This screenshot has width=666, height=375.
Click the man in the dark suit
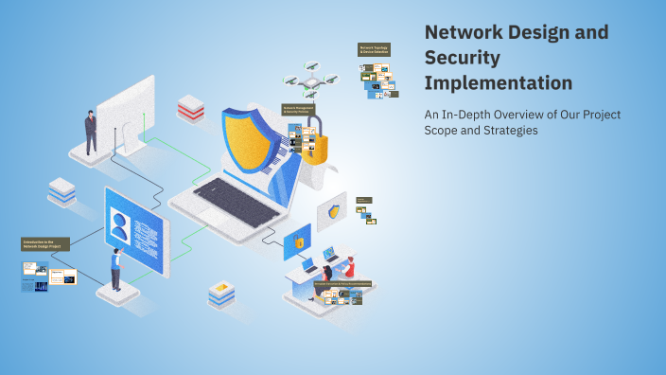[91, 132]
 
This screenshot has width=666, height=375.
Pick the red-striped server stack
[190, 108]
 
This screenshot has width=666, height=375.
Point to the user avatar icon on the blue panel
[120, 228]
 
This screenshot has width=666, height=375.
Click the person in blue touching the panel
[116, 269]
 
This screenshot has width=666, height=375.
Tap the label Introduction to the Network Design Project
[45, 243]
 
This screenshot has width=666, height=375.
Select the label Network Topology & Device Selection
[374, 49]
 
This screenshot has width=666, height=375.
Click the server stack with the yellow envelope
[221, 294]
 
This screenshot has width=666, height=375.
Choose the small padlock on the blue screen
[298, 241]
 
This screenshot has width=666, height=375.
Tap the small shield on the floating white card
[333, 211]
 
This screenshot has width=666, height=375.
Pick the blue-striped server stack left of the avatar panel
[62, 190]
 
